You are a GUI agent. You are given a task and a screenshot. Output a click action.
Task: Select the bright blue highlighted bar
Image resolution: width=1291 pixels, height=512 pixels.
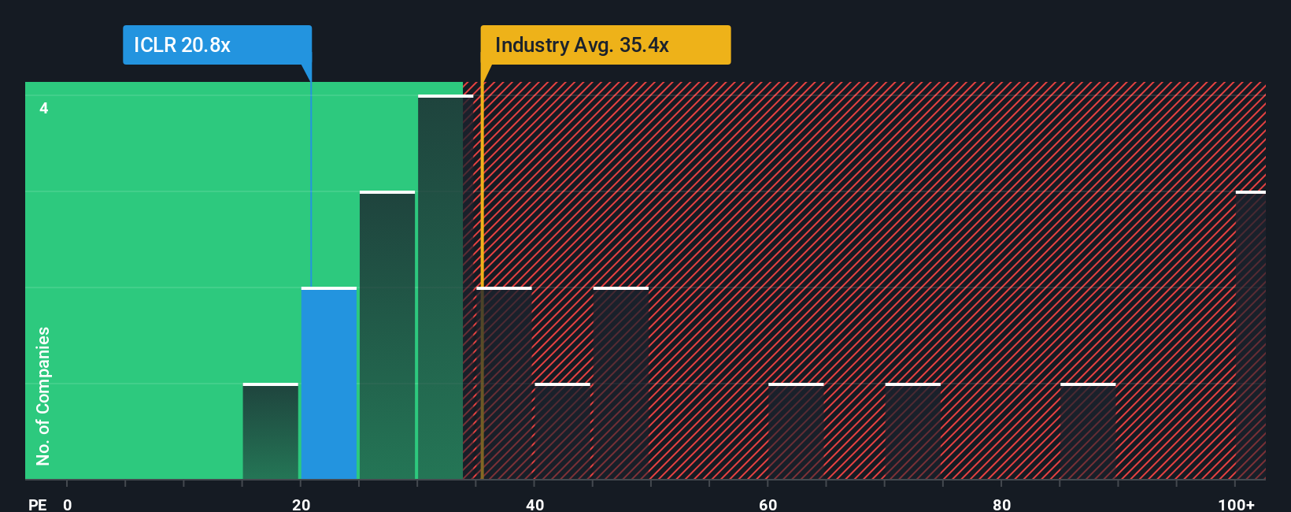(329, 384)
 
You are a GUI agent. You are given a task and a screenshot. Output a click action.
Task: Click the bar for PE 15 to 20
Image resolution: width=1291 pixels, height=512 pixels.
(271, 432)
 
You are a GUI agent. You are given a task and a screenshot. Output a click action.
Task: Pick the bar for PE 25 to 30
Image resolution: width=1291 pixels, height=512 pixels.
(387, 336)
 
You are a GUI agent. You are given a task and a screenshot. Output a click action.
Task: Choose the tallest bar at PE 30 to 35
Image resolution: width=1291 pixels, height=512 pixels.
(442, 288)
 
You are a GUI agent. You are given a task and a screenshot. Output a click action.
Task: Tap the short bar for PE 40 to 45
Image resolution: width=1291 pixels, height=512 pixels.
(562, 432)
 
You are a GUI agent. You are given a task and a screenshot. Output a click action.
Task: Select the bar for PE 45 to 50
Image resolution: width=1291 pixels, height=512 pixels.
(621, 384)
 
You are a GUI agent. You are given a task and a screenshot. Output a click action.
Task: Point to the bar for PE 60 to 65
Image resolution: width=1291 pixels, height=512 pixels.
(796, 432)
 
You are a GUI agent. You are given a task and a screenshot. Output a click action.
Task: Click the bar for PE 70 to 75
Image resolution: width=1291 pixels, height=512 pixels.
(913, 432)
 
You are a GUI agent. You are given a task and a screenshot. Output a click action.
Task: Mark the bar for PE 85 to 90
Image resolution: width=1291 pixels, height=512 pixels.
(1088, 432)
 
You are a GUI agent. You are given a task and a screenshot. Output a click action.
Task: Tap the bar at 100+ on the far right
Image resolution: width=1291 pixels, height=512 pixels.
(1251, 336)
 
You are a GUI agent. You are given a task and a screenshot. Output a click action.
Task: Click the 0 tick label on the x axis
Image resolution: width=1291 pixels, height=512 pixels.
(68, 504)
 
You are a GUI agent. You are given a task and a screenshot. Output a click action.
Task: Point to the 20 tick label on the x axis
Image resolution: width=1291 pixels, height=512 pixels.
(301, 504)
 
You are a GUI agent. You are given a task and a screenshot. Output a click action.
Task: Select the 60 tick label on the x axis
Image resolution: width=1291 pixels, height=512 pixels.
(768, 504)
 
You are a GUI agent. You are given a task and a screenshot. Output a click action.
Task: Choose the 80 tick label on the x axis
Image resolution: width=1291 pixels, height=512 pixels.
(1001, 504)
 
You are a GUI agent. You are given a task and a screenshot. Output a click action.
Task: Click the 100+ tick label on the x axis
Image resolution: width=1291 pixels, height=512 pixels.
(1236, 504)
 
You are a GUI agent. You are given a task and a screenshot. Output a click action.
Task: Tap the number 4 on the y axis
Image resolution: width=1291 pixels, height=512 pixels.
(44, 108)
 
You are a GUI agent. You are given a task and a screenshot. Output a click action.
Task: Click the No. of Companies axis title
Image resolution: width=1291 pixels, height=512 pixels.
(43, 395)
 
